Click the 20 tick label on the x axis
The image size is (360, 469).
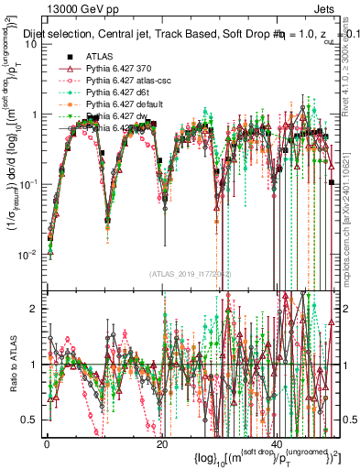pos(162,443)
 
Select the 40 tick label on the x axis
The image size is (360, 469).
pos(278,443)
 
